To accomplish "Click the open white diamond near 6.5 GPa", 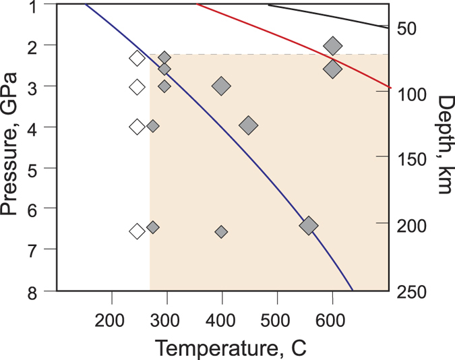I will pyautogui.click(x=137, y=231).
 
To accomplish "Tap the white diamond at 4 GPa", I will pyautogui.click(x=137, y=127).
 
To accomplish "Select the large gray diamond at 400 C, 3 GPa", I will pyautogui.click(x=221, y=86).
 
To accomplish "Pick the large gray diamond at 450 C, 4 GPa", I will pyautogui.click(x=248, y=125).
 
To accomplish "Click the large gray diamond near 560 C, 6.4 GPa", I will pyautogui.click(x=309, y=226).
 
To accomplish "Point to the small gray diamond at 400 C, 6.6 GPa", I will pyautogui.click(x=221, y=232).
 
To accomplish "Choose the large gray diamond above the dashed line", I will pyautogui.click(x=332, y=46).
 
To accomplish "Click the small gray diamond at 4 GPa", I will pyautogui.click(x=153, y=126).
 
